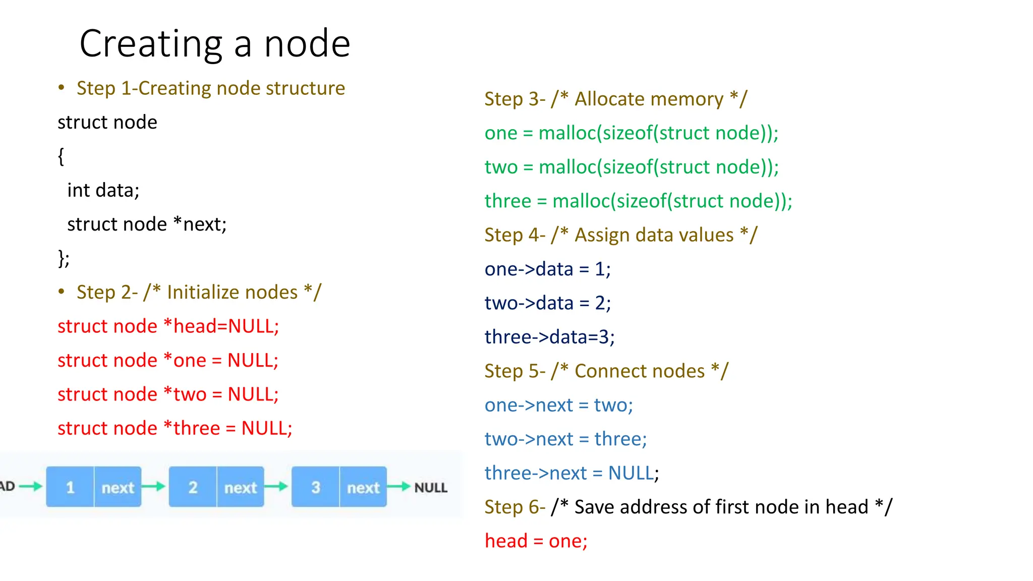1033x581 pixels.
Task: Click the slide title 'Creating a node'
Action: pyautogui.click(x=214, y=44)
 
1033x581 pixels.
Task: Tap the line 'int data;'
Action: pyautogui.click(x=103, y=191)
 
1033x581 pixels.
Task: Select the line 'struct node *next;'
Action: pyautogui.click(x=147, y=224)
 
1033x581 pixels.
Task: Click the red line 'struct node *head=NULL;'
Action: pyautogui.click(x=168, y=326)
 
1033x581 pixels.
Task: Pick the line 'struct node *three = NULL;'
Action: pyautogui.click(x=175, y=428)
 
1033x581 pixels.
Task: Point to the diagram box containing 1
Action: pyautogui.click(x=70, y=487)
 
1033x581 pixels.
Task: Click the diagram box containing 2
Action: pyautogui.click(x=193, y=487)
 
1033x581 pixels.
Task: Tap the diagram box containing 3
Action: pyautogui.click(x=315, y=487)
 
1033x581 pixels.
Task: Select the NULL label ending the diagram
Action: pyautogui.click(x=431, y=488)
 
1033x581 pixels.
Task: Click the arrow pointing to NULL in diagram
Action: pyautogui.click(x=399, y=487)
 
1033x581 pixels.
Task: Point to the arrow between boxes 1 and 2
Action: pyautogui.click(x=154, y=487)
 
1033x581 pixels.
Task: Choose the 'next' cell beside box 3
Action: pyautogui.click(x=363, y=487)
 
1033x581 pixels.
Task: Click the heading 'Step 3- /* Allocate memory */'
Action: pyautogui.click(x=615, y=99)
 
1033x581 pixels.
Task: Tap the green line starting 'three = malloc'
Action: pyautogui.click(x=638, y=201)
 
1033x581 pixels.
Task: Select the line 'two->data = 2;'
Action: pyautogui.click(x=547, y=303)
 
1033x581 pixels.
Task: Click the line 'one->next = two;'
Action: pyautogui.click(x=558, y=405)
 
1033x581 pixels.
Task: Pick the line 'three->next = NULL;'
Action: pyautogui.click(x=571, y=473)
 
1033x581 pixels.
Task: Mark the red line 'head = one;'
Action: pyautogui.click(x=536, y=541)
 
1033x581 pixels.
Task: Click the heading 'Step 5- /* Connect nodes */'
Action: pyautogui.click(x=606, y=371)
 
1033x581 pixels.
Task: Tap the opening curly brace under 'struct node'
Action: pyautogui.click(x=61, y=156)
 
